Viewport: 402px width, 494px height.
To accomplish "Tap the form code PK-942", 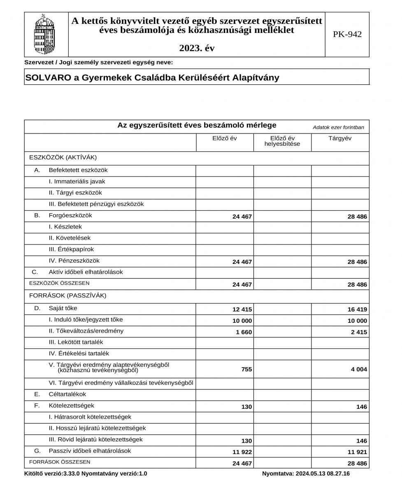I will point(347,35).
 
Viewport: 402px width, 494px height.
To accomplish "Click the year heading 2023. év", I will point(197,48).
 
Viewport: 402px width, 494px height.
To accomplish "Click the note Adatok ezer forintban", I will point(338,127).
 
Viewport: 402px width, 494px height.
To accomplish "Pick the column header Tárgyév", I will point(340,138).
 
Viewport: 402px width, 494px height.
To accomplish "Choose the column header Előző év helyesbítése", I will point(282,141).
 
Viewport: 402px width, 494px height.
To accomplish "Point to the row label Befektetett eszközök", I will point(78,170).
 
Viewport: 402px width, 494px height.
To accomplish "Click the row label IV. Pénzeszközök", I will point(74,261).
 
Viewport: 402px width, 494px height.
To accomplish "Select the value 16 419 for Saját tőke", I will point(357,310).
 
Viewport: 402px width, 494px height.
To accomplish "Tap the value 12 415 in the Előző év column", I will point(242,310).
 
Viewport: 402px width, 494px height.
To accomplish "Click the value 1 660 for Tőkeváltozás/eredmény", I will point(244,332).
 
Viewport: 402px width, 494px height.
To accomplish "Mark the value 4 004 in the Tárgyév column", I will point(358,370).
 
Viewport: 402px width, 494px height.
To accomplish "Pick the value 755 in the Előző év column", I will point(246,370).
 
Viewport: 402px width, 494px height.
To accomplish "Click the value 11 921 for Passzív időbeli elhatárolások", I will point(357,452).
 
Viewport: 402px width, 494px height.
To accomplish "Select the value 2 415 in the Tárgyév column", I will point(358,332).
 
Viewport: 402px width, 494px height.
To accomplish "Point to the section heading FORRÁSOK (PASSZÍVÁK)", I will point(67,296).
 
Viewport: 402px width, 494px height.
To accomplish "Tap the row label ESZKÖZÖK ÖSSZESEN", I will point(59,283).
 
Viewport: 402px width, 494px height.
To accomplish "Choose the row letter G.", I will point(37,451).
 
